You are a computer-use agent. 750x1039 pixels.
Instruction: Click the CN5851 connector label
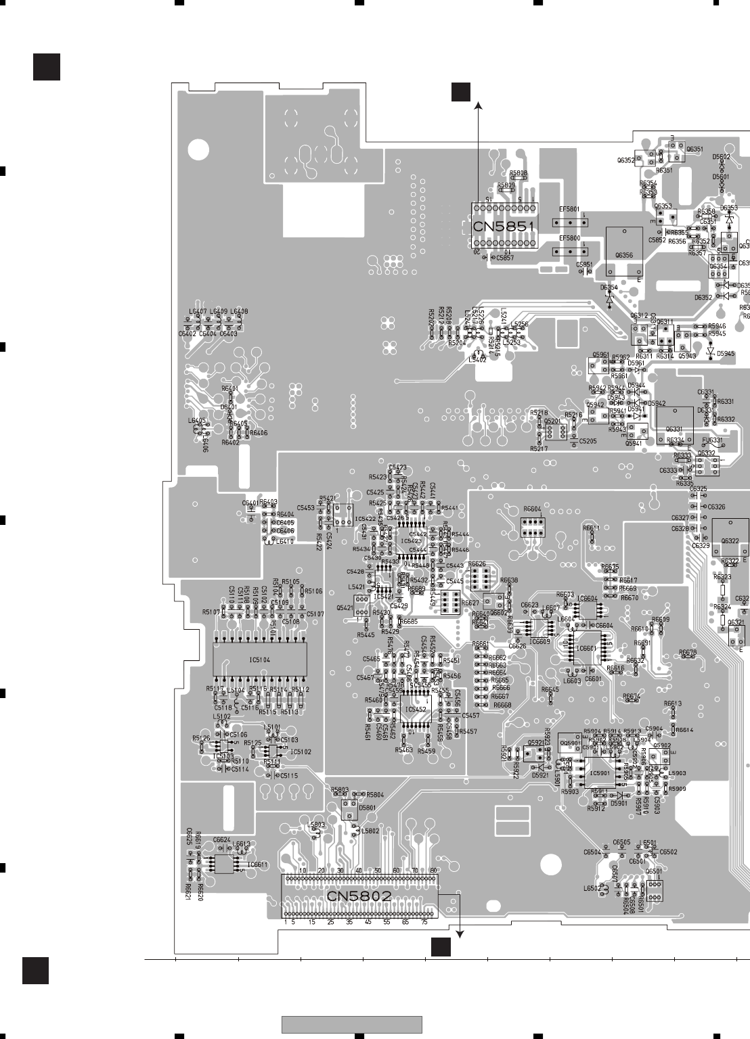click(x=504, y=227)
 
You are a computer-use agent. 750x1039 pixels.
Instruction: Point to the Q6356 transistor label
click(x=623, y=255)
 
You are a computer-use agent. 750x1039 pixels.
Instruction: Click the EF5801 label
click(x=569, y=210)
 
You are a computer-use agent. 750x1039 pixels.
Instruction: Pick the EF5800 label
click(x=569, y=239)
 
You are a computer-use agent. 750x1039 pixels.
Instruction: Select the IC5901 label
click(x=600, y=772)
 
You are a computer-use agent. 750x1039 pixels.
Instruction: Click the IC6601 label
click(x=586, y=648)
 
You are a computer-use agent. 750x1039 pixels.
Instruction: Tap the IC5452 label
click(x=414, y=709)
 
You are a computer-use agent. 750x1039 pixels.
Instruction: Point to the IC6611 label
click(x=257, y=864)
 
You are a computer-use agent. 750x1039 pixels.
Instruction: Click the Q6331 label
click(x=674, y=429)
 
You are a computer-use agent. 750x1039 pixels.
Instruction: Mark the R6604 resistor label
click(x=532, y=509)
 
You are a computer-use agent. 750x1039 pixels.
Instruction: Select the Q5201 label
click(x=553, y=421)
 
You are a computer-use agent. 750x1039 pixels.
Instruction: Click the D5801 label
click(x=368, y=808)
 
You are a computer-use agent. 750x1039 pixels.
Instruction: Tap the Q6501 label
click(x=654, y=872)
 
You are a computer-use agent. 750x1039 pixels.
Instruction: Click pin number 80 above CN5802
click(x=432, y=870)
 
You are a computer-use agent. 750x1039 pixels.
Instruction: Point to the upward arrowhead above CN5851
click(x=478, y=105)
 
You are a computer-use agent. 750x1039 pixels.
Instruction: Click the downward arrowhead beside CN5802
click(x=460, y=934)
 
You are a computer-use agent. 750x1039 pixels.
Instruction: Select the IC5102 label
click(x=301, y=752)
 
